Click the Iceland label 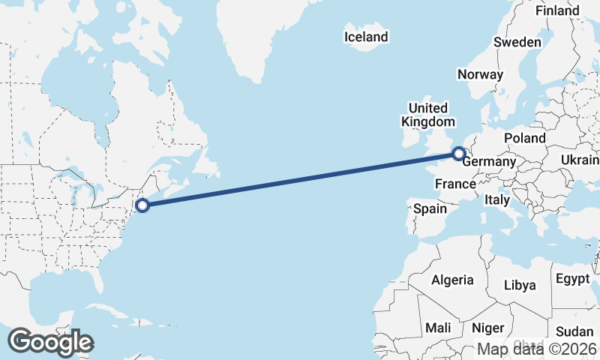click(x=366, y=37)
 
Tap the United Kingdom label click(x=427, y=115)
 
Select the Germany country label click(x=490, y=162)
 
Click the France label click(x=454, y=184)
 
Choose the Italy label click(x=496, y=200)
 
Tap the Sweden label click(x=517, y=43)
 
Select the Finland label click(x=557, y=11)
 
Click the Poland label click(x=525, y=139)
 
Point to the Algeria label click(x=452, y=280)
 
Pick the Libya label click(x=520, y=285)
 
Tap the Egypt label click(x=573, y=279)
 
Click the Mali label click(x=437, y=328)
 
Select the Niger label click(x=487, y=328)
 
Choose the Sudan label click(x=574, y=331)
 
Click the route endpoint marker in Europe click(x=458, y=154)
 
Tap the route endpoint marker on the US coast click(x=142, y=204)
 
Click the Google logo click(x=50, y=342)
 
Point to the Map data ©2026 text click(x=538, y=349)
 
